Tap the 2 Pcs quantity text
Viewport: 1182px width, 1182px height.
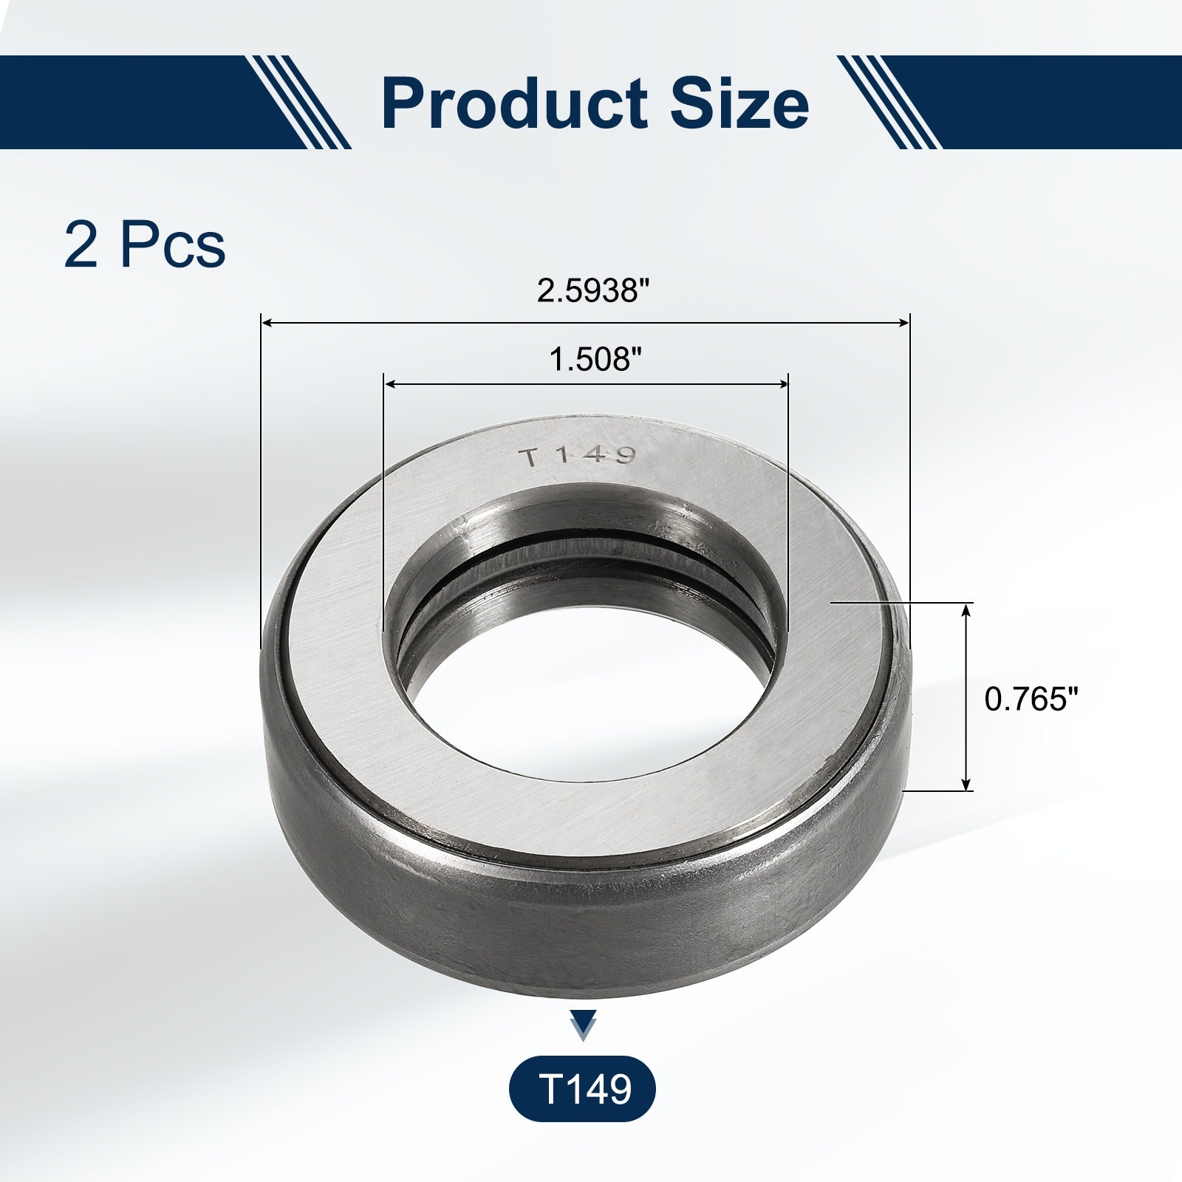[145, 245]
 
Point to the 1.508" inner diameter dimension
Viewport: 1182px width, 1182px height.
[595, 360]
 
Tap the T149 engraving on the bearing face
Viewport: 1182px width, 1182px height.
[579, 457]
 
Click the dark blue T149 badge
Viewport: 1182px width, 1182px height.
[582, 1089]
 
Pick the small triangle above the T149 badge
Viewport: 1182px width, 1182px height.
[584, 1026]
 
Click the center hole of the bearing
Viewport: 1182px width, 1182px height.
[591, 687]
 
